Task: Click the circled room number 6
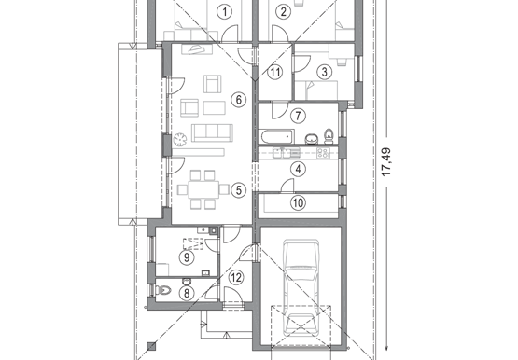[239, 99]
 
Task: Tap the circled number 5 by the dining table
[239, 190]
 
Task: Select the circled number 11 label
[274, 72]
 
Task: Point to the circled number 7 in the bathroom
[298, 116]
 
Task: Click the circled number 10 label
[298, 202]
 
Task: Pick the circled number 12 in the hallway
[236, 278]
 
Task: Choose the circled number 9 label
[187, 257]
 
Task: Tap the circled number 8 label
[187, 293]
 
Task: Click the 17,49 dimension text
[385, 161]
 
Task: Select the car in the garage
[301, 288]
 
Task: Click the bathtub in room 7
[276, 136]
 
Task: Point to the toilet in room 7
[329, 136]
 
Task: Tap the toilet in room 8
[163, 290]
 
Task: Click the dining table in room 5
[203, 189]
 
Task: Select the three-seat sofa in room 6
[212, 132]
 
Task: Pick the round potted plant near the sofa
[180, 140]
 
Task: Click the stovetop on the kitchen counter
[323, 153]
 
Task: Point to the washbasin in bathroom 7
[311, 139]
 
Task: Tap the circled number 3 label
[325, 72]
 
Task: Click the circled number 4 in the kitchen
[298, 170]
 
